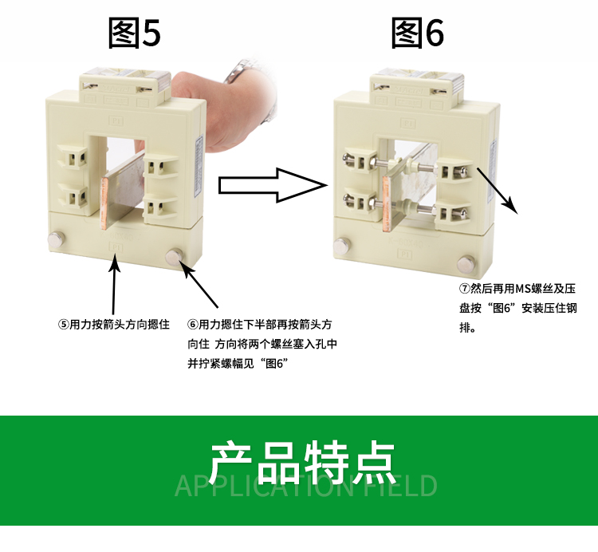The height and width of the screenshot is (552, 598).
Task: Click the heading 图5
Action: pyautogui.click(x=134, y=33)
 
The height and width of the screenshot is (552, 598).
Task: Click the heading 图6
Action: pyautogui.click(x=418, y=33)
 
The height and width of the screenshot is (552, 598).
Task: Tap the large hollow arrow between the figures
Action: pyautogui.click(x=273, y=185)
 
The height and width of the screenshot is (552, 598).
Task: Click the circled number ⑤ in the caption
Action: pyautogui.click(x=63, y=325)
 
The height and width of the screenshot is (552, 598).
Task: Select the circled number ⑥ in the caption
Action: pyautogui.click(x=193, y=325)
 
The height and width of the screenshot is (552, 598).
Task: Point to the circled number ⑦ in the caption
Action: pyautogui.click(x=465, y=289)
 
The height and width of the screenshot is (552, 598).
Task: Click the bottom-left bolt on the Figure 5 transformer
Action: pyautogui.click(x=57, y=239)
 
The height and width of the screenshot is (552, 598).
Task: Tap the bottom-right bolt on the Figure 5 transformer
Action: pyautogui.click(x=175, y=256)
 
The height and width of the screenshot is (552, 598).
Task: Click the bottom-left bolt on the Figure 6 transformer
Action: pyautogui.click(x=342, y=246)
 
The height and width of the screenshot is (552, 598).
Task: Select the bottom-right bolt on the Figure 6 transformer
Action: pyautogui.click(x=466, y=263)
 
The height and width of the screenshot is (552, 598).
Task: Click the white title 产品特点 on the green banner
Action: pyautogui.click(x=302, y=463)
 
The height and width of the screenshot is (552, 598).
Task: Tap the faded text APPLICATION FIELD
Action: pyautogui.click(x=306, y=486)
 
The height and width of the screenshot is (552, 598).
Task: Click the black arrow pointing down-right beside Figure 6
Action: pyautogui.click(x=498, y=191)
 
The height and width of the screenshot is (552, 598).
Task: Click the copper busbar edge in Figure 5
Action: pyautogui.click(x=104, y=205)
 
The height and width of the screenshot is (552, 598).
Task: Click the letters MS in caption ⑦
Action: pyautogui.click(x=521, y=289)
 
